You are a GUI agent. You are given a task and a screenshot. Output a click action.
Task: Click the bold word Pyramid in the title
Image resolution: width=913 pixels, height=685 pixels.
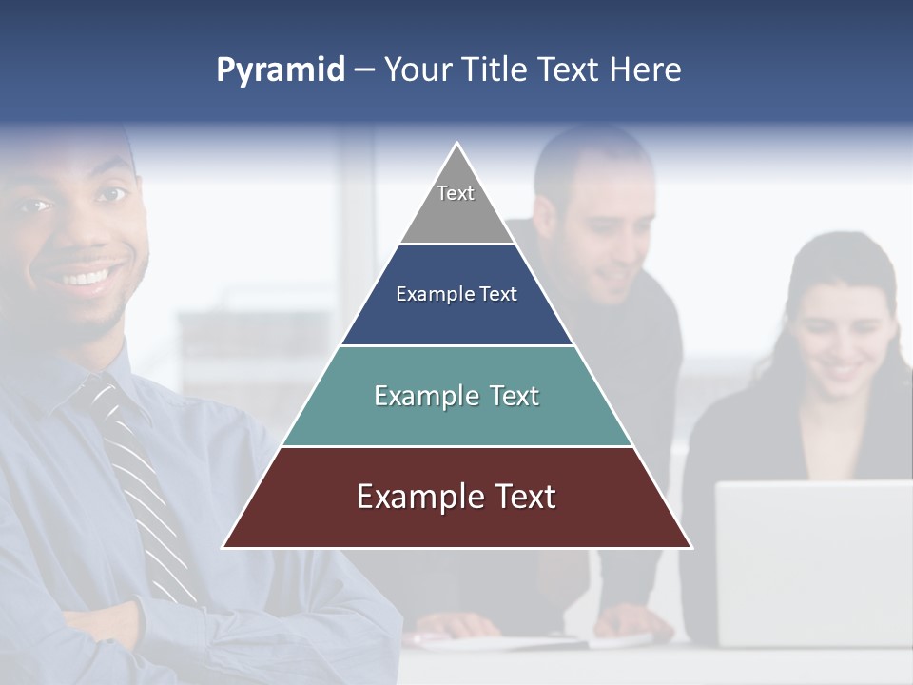click(280, 70)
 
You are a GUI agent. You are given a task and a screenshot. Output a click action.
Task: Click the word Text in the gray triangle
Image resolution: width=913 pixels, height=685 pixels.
click(456, 193)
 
